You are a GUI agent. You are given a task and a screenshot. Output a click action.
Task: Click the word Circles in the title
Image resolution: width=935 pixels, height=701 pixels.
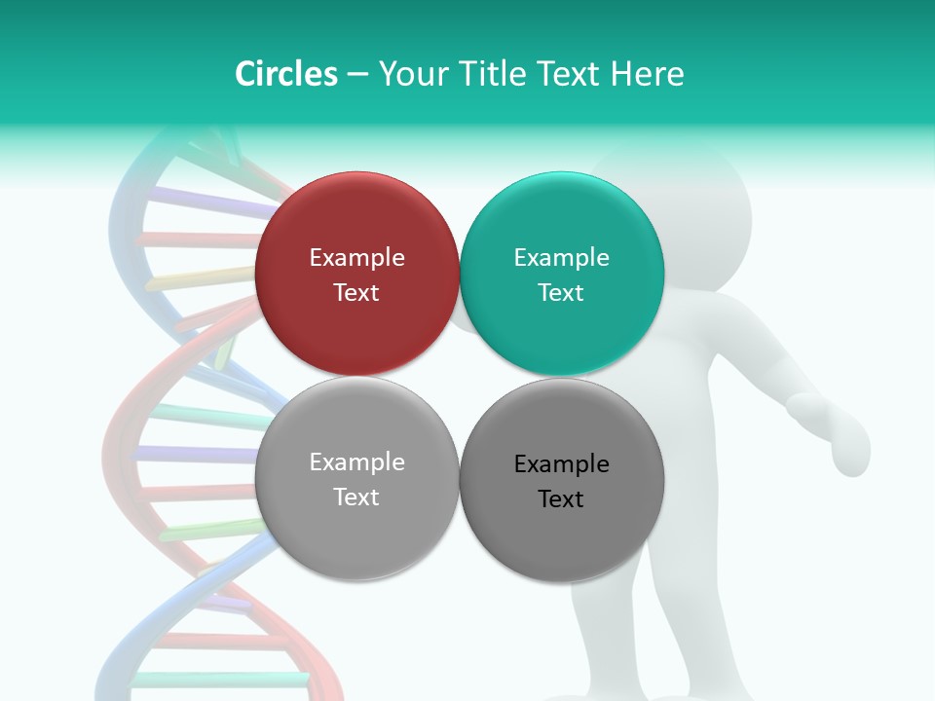[285, 74]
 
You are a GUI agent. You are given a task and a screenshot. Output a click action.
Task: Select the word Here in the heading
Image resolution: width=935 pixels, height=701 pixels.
[648, 74]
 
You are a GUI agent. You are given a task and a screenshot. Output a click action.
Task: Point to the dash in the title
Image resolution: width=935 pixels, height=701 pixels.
[357, 75]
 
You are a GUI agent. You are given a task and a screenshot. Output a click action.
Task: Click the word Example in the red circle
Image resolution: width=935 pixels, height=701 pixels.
[356, 257]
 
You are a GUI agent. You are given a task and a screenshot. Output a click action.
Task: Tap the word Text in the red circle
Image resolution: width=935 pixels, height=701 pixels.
[356, 292]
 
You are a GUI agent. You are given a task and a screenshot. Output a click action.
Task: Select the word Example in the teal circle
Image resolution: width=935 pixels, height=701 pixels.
[561, 257]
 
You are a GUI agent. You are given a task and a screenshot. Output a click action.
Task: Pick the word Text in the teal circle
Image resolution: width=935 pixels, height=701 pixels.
[561, 292]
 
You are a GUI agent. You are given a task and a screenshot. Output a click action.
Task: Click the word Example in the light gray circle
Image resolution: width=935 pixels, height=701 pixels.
[356, 461]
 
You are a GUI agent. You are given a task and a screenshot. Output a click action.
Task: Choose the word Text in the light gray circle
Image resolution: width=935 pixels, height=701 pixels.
[356, 497]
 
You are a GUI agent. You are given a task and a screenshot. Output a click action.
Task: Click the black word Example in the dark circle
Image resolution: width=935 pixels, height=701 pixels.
[561, 463]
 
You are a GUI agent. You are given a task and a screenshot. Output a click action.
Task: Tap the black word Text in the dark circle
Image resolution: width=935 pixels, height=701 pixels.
[561, 498]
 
